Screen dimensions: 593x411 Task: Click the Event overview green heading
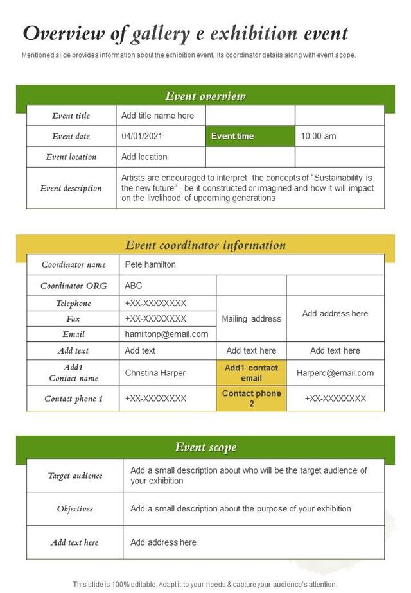205,96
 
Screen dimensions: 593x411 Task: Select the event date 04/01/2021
141,136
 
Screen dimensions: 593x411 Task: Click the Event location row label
71,157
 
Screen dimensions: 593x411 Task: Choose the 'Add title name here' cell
157,116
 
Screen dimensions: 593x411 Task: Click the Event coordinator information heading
205,245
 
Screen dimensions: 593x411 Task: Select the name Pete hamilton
150,264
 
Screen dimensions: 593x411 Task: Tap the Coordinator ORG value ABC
134,286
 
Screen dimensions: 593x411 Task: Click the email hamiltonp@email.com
166,334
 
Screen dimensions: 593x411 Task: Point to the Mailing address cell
251,318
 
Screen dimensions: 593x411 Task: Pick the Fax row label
73,318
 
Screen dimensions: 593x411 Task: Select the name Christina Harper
155,373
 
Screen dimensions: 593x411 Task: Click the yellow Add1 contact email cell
251,373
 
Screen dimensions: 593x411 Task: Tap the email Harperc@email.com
335,373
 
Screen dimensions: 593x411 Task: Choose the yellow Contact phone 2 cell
251,399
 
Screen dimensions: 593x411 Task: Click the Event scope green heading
205,447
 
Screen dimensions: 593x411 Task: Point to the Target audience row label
75,476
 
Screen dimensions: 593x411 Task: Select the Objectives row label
75,509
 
